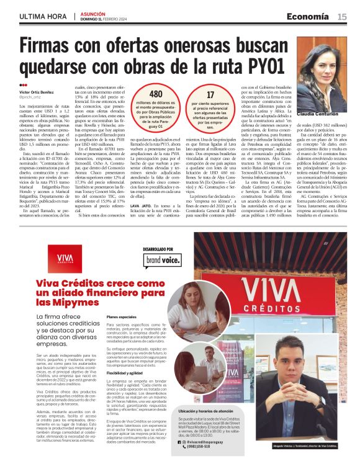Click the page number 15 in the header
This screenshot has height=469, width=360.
pyautogui.click(x=342, y=17)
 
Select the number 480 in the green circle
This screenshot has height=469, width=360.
pyautogui.click(x=156, y=94)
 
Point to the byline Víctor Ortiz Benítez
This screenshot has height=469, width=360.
pyautogui.click(x=37, y=91)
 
